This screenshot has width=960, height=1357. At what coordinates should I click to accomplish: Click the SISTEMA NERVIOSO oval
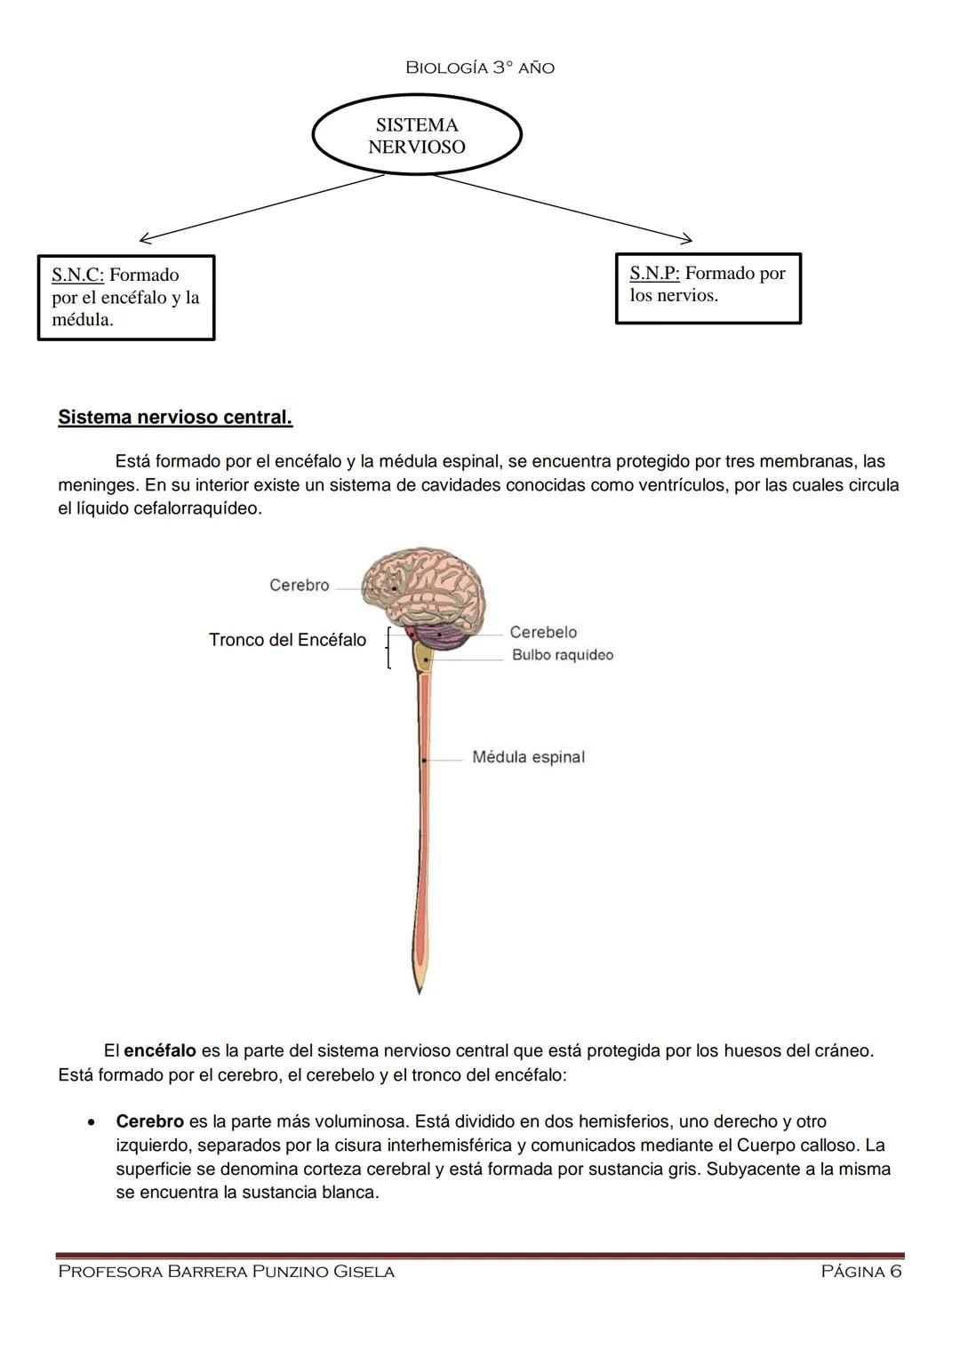click(417, 136)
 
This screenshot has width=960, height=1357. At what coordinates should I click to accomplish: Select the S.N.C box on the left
click(126, 298)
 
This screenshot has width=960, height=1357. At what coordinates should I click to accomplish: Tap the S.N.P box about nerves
click(708, 288)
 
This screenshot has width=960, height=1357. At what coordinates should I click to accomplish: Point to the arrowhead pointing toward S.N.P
click(687, 238)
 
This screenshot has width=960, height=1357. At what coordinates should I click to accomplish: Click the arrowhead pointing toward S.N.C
click(144, 238)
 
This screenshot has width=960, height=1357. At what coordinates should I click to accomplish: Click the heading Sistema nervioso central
click(175, 417)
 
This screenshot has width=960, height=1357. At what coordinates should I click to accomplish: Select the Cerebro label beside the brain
click(299, 585)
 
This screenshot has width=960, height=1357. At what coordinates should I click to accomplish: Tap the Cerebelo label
click(543, 632)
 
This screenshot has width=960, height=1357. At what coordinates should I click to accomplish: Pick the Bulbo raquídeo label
click(562, 655)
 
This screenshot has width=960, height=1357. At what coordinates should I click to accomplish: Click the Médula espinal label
click(528, 757)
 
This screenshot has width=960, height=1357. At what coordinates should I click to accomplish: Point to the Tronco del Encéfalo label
click(287, 640)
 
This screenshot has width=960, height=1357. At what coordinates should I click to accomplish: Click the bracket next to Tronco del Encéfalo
click(388, 647)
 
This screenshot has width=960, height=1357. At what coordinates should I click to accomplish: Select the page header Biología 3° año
click(479, 68)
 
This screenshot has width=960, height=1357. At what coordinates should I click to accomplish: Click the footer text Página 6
click(860, 1272)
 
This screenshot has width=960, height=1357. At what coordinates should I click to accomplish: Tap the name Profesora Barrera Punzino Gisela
click(226, 1272)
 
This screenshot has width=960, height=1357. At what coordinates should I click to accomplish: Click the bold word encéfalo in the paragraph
click(160, 1050)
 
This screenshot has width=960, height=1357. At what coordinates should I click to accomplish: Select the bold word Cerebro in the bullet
click(149, 1122)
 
